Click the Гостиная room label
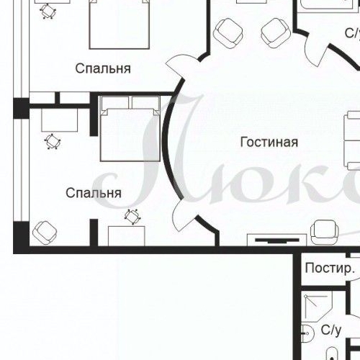[x=269, y=142]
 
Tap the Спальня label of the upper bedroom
[x=103, y=69]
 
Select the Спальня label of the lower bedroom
[x=93, y=193]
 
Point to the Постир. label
[x=330, y=269]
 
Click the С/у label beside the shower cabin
[x=330, y=330]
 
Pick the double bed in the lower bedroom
[x=130, y=128]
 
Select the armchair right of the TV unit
[x=325, y=230]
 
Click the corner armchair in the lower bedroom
[x=45, y=231]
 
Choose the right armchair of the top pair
[x=275, y=31]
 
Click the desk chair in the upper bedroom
[x=48, y=10]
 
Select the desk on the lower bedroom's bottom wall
[x=126, y=235]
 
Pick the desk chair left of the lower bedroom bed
[x=52, y=140]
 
